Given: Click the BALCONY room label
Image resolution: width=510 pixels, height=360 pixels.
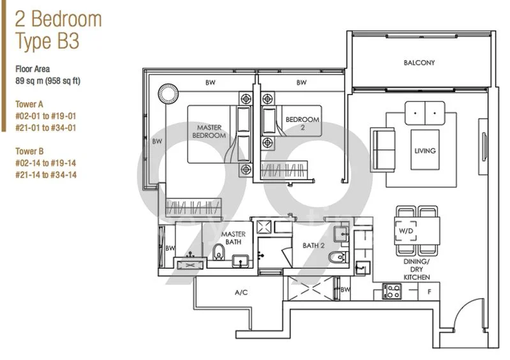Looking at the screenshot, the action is pos(419,63).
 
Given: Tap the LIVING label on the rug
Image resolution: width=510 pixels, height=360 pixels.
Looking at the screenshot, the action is pos(424,151).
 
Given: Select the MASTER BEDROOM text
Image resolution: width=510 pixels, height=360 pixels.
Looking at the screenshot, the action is pos(209,131).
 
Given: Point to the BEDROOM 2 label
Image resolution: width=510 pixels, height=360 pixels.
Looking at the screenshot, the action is pos(302,123).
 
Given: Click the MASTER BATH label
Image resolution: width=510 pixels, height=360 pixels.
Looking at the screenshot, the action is pos(233,238).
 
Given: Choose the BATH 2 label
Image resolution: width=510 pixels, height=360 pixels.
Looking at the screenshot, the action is pos(313,246).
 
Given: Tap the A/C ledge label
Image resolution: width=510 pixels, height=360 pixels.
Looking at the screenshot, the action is pos(241,293).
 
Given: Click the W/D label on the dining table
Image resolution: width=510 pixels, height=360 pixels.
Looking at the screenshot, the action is pos(405,231).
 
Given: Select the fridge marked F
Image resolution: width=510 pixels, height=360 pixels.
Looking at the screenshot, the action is pos(429,291).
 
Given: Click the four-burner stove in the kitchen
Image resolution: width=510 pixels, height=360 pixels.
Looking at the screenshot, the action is pos(392,291).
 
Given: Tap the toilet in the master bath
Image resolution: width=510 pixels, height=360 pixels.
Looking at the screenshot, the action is pos(219,252).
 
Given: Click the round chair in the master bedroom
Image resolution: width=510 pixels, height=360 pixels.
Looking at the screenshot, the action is pos(168,93).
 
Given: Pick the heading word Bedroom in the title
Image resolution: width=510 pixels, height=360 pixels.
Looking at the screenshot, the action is pos(66,19).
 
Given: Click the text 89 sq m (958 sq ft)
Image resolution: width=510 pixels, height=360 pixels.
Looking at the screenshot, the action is pos(47,80).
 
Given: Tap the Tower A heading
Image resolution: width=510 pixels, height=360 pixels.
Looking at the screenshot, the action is pos(29,104).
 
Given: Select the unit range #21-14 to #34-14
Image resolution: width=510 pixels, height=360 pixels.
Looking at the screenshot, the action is pos(46,175).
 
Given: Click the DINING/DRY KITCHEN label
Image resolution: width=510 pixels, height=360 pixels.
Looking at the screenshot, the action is pos(416,269).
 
